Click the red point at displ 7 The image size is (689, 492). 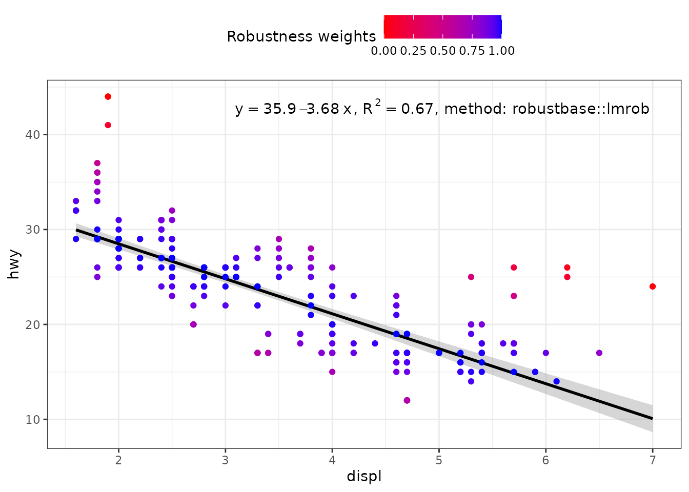pos(653,286)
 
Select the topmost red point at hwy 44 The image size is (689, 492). pos(108,96)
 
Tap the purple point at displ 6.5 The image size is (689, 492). pos(599,353)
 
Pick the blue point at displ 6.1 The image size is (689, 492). pos(556,381)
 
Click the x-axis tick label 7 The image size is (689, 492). pos(653,460)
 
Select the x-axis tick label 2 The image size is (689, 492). pos(118,460)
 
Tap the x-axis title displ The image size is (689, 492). pos(364,477)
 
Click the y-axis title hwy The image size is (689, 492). pos(14,264)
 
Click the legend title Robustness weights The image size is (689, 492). pos(301,37)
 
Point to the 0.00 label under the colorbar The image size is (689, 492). pos(384,51)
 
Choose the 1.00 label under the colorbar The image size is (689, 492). pos(502,51)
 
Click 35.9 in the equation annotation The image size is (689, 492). pos(280,109)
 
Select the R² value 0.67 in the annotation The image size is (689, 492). pos(417,109)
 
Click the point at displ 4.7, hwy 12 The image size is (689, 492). pos(407,400)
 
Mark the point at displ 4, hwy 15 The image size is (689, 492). pos(332,372)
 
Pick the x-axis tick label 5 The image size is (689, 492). pos(439,460)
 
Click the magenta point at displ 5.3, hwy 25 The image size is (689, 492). pos(471,277)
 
